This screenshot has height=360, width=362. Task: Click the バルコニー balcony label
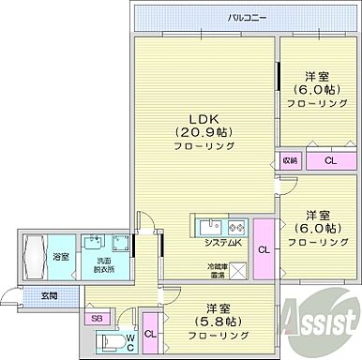[247, 17]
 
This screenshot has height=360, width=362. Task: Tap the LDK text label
[206, 118]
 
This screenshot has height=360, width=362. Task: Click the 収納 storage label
[290, 160]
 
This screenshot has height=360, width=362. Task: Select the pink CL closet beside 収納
[330, 160]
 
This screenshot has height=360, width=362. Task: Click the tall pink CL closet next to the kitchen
[264, 248]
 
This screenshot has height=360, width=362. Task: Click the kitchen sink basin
[208, 226]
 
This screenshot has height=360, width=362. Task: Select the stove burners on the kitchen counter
[234, 226]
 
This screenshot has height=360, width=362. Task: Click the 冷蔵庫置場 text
[218, 271]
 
